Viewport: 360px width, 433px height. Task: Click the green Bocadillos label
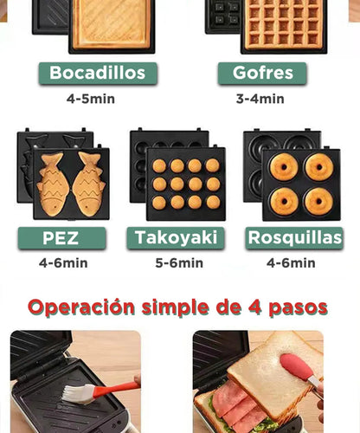[x=97, y=73]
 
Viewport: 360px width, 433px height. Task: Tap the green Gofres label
[x=262, y=73]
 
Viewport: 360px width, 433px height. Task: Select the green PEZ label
[x=61, y=237]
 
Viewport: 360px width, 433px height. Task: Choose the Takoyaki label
[x=176, y=237]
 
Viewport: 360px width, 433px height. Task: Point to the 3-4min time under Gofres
[x=260, y=99]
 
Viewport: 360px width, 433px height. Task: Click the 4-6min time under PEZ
[x=63, y=263]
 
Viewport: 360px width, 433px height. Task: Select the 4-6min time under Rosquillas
[x=291, y=263]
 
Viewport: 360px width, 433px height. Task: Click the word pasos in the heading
[x=299, y=307]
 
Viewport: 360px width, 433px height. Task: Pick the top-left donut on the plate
[x=283, y=166]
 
